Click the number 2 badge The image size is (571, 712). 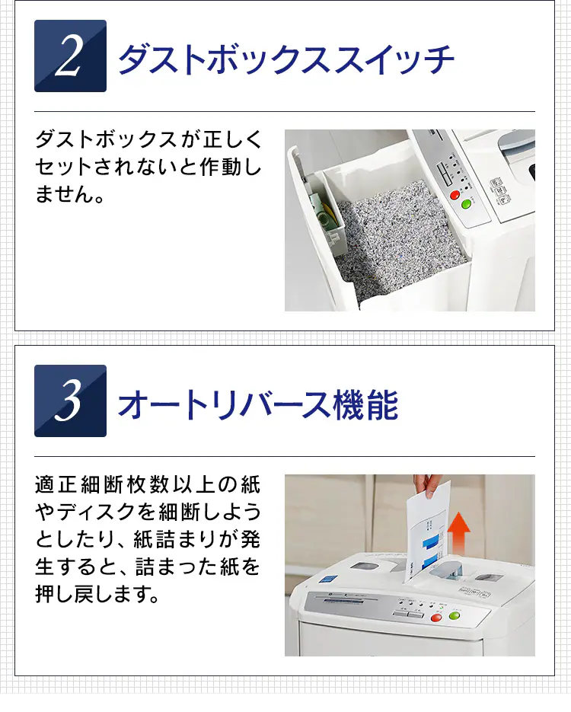[x=70, y=56]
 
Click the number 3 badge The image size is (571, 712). [x=70, y=401]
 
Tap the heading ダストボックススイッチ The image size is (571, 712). [x=286, y=59]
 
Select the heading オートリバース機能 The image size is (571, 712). [x=258, y=404]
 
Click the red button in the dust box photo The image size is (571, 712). [x=455, y=195]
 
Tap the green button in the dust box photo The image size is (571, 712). [x=466, y=204]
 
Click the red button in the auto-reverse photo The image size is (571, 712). [x=436, y=618]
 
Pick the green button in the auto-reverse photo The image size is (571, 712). [x=455, y=616]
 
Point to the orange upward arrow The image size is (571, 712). [x=458, y=534]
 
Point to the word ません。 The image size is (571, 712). [x=70, y=194]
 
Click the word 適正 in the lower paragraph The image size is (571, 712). [x=57, y=484]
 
